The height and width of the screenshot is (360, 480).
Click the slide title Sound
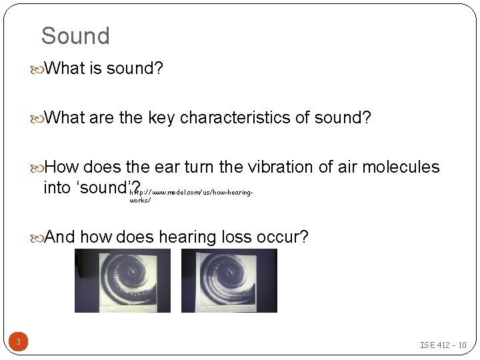coord(75,36)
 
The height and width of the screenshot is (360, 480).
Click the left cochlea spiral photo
coord(122,281)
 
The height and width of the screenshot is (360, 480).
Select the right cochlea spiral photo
coord(229,281)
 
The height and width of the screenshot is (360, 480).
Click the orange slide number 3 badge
coord(18,343)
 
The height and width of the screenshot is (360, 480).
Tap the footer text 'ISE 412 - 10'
coord(443,345)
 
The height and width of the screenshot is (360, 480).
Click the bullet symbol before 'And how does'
coord(38,237)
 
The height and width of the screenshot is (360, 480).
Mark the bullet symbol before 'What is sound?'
coord(38,69)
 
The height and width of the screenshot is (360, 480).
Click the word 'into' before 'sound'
coord(59,187)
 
